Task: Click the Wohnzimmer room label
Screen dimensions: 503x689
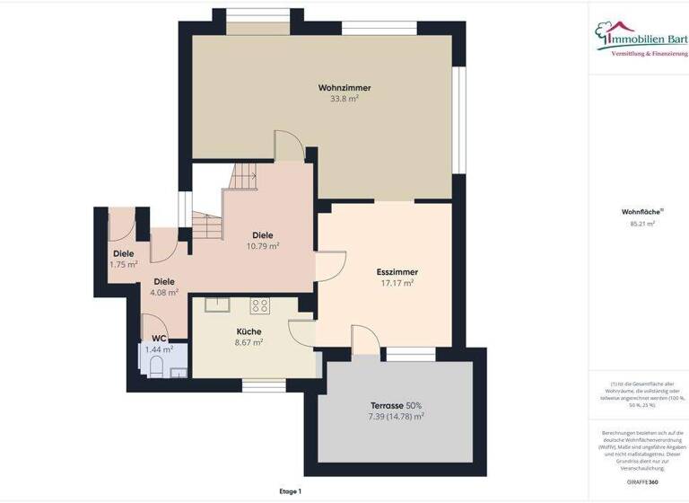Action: click(344, 88)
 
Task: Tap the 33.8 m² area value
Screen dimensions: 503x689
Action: click(344, 100)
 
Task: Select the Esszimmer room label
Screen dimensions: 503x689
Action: click(397, 271)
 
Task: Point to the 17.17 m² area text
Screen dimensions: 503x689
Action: click(397, 283)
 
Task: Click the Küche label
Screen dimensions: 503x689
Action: click(249, 331)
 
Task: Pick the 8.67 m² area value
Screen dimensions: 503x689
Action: click(249, 342)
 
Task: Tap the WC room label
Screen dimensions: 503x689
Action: click(159, 338)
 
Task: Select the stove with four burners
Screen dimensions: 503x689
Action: click(260, 305)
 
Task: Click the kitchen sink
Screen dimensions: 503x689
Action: click(217, 304)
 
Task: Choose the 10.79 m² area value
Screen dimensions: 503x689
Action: click(263, 246)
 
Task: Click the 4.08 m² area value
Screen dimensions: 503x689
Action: click(164, 292)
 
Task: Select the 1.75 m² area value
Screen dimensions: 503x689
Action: click(123, 265)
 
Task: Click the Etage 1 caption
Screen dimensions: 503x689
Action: click(290, 491)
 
